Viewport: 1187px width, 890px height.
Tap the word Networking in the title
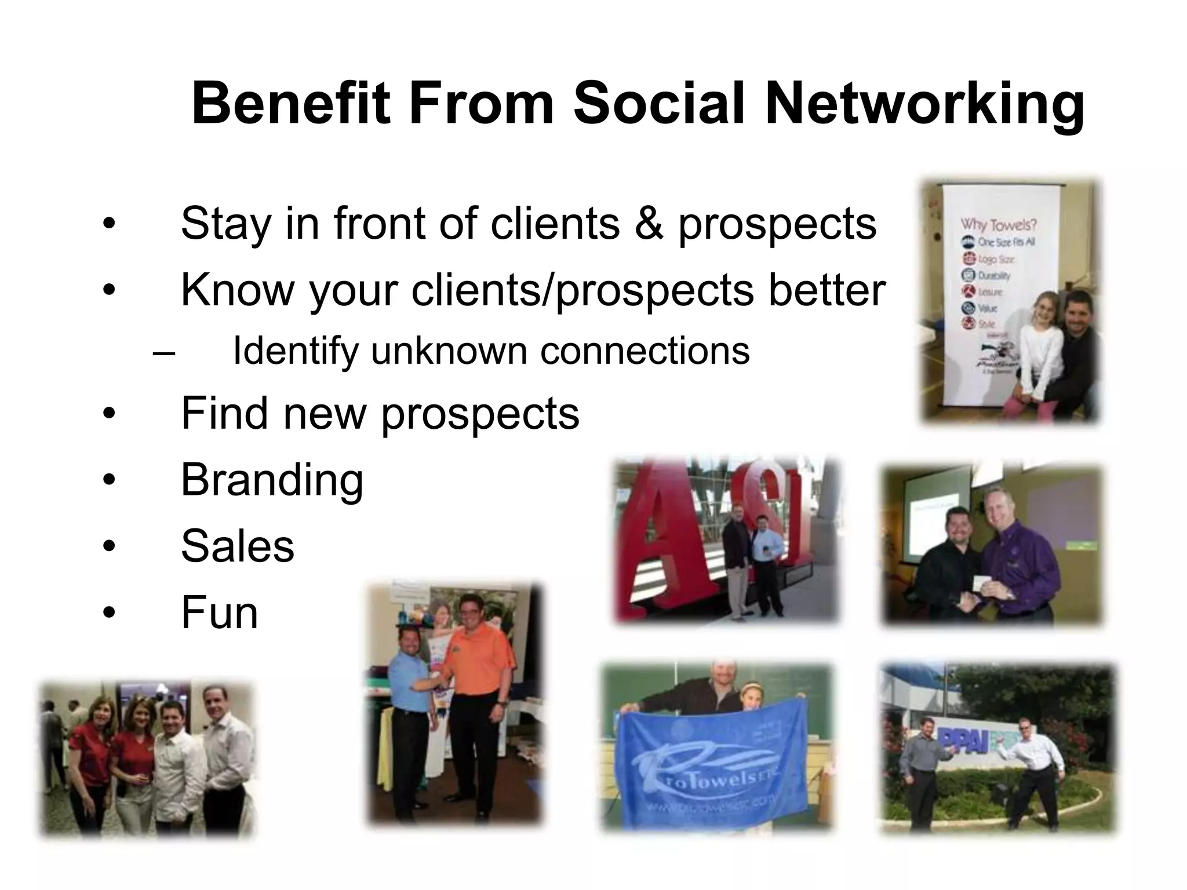coord(924,104)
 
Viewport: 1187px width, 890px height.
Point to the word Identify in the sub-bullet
coord(294,351)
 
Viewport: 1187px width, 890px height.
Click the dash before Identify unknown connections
coord(164,352)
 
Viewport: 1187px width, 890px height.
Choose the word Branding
coord(272,480)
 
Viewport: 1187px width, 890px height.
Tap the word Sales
coord(238,546)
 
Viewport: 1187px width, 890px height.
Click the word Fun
coord(219,612)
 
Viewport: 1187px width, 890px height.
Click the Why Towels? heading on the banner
coord(998,224)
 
